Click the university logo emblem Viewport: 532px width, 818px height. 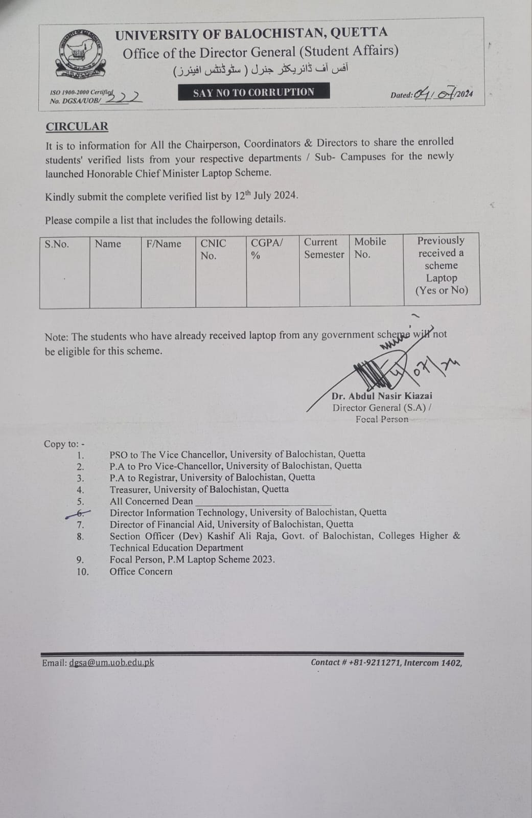(x=80, y=55)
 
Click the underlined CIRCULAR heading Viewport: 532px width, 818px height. (x=77, y=127)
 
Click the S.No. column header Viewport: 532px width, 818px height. (x=57, y=244)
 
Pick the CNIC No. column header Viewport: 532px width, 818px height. (x=213, y=249)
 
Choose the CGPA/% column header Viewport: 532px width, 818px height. (x=266, y=249)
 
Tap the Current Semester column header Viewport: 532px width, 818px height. (x=324, y=248)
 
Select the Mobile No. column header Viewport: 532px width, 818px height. (x=370, y=248)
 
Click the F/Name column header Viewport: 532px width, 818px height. (x=164, y=244)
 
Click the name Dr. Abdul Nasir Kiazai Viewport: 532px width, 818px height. (x=382, y=396)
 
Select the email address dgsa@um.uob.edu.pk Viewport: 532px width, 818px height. (x=111, y=663)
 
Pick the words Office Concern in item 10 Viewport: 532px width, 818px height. (x=141, y=572)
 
